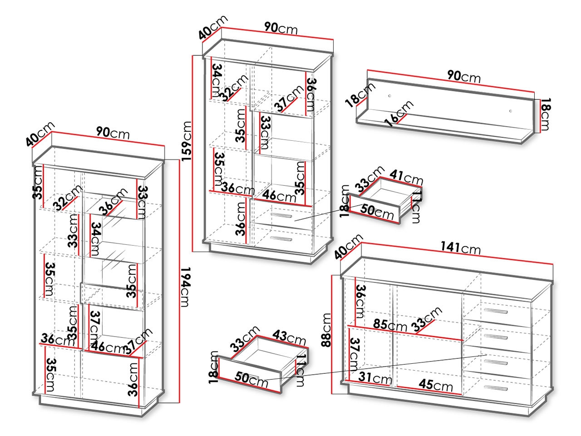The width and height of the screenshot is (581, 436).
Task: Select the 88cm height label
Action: (326, 330)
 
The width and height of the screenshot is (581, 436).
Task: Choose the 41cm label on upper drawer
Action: (407, 177)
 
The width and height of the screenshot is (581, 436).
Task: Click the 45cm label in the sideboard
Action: (436, 385)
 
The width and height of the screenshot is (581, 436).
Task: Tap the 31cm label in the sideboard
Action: (375, 377)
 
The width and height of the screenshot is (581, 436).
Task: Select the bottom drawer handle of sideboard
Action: (496, 388)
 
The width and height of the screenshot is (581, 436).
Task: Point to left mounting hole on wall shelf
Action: (390, 96)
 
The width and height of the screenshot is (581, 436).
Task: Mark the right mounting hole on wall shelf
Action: (510, 111)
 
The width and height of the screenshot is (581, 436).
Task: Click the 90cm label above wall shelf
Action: (463, 76)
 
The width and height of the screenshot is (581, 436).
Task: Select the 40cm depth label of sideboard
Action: (348, 246)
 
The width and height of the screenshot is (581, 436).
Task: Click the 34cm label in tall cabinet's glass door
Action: (95, 239)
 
